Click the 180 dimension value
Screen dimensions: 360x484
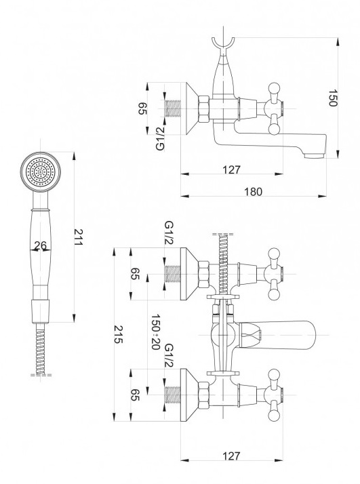click(253, 192)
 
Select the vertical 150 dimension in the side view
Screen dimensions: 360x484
click(332, 98)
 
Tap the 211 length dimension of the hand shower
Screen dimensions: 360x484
click(78, 237)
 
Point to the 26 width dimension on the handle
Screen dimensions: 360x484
click(41, 245)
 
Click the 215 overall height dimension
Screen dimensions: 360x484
click(119, 334)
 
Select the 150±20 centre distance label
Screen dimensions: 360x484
click(156, 332)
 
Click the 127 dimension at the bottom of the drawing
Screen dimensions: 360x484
click(231, 456)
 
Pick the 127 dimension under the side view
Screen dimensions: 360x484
click(231, 169)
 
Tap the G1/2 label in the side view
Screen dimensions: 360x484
click(160, 139)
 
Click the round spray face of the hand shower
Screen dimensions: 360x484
click(41, 172)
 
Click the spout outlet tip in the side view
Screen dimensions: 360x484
click(315, 155)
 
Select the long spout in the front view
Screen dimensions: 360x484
click(277, 335)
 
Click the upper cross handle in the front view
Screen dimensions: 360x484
click(274, 274)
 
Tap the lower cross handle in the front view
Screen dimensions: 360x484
click(274, 395)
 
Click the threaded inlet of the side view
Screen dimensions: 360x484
click(173, 108)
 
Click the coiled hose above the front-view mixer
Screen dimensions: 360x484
click(223, 266)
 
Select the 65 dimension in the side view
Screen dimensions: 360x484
click(142, 108)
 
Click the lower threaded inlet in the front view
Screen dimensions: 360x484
click(173, 395)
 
